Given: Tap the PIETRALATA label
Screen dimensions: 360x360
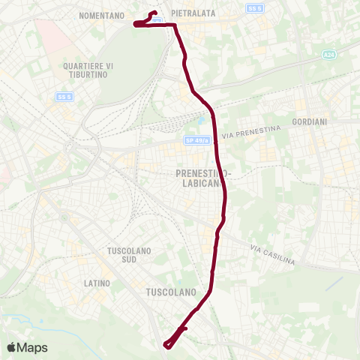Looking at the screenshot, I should (193, 13).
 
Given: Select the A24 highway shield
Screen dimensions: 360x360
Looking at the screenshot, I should (329, 55).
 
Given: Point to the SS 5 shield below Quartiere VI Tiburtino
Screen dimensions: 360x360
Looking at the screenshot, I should (64, 96).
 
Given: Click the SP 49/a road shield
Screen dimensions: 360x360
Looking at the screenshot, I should (196, 140).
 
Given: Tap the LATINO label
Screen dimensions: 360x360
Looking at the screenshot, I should (97, 283).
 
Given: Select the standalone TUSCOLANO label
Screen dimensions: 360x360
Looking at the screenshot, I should (170, 291).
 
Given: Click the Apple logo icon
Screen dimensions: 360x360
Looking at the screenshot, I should (13, 347).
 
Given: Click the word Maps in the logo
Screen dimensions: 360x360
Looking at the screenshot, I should (33, 347).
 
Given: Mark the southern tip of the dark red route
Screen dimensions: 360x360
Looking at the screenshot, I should (166, 345).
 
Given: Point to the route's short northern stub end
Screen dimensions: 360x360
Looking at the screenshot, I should (154, 12).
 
